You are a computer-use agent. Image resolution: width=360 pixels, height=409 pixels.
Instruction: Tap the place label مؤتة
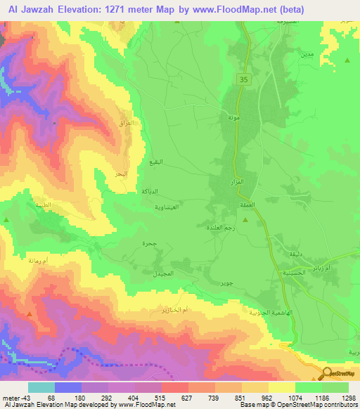click(231, 118)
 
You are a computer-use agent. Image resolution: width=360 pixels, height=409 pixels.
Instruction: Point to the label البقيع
click(159, 162)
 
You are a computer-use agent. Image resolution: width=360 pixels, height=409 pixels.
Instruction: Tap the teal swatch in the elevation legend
click(41, 387)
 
